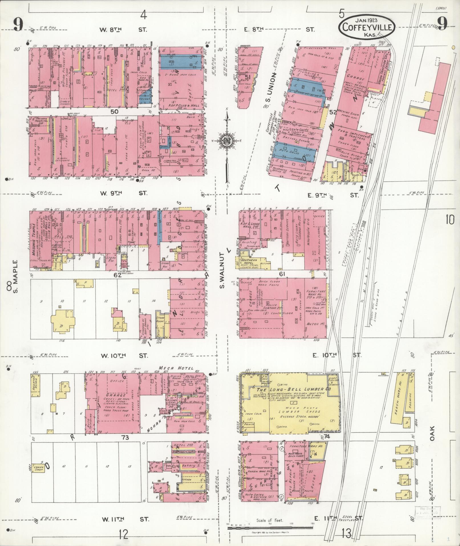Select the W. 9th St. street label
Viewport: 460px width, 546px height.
click(123, 193)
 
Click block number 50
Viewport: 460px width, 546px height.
click(114, 112)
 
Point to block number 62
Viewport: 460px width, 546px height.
click(117, 275)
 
